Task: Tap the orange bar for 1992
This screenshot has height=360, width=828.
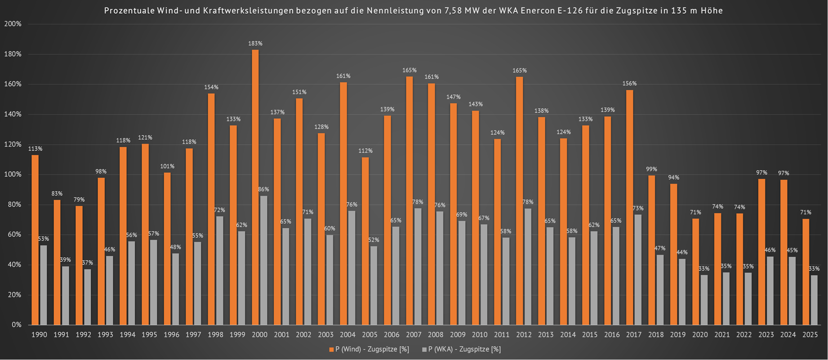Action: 79,265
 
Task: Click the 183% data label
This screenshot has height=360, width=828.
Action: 255,44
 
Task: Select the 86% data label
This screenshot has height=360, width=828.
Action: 263,189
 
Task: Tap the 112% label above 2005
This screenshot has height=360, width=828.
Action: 365,151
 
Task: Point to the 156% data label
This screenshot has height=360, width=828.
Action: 629,84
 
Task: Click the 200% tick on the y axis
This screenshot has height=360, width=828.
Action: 13,24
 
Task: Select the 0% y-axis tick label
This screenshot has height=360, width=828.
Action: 16,324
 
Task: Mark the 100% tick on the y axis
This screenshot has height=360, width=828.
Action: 13,174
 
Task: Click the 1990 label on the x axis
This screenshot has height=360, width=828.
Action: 39,335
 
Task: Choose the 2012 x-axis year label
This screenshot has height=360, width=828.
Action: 524,335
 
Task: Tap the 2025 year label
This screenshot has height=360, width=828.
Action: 810,335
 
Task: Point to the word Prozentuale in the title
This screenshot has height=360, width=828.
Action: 129,10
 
